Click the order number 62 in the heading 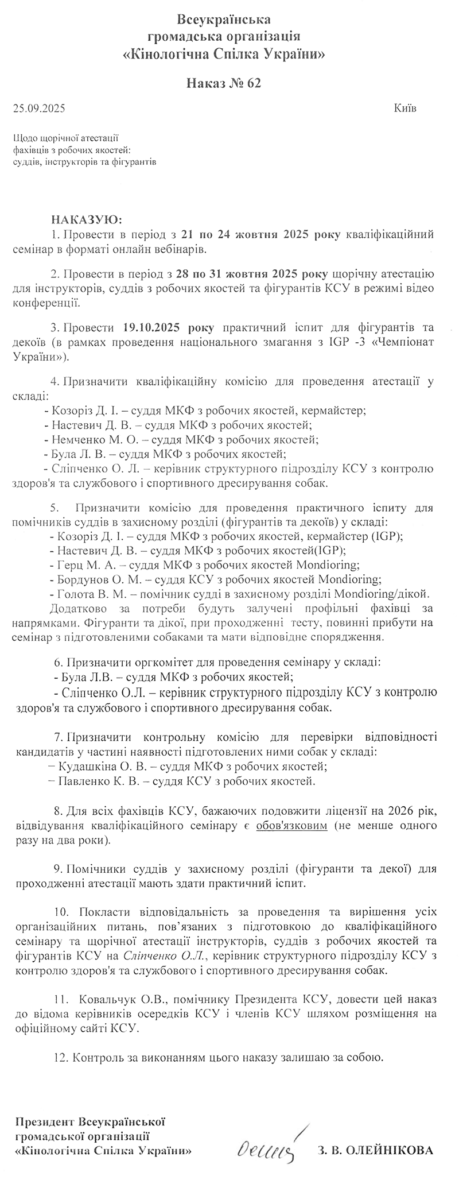(x=255, y=84)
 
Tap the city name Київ (x=406, y=108)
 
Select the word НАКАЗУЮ (x=87, y=220)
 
